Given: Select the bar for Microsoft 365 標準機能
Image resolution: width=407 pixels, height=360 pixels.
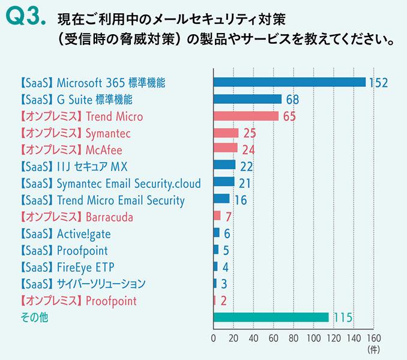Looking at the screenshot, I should coord(289,82).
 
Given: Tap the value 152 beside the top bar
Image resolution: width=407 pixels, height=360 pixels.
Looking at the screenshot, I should coord(378,83).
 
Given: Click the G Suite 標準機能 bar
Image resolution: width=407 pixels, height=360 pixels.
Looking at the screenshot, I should coord(247,99).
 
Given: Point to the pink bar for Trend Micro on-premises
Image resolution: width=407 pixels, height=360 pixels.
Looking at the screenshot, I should coord(246,116).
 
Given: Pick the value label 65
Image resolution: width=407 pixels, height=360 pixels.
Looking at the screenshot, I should coord(289,116).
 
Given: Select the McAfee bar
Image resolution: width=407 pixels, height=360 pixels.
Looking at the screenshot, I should coord(226,149).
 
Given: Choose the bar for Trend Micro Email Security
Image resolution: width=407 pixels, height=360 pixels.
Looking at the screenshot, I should coord(222,199).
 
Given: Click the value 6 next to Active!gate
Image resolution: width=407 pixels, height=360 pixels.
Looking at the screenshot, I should coord(226,233).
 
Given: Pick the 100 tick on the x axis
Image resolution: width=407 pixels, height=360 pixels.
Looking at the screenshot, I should coord(314,338).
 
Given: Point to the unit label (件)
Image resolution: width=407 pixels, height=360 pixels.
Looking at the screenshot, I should coord(373,349).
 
